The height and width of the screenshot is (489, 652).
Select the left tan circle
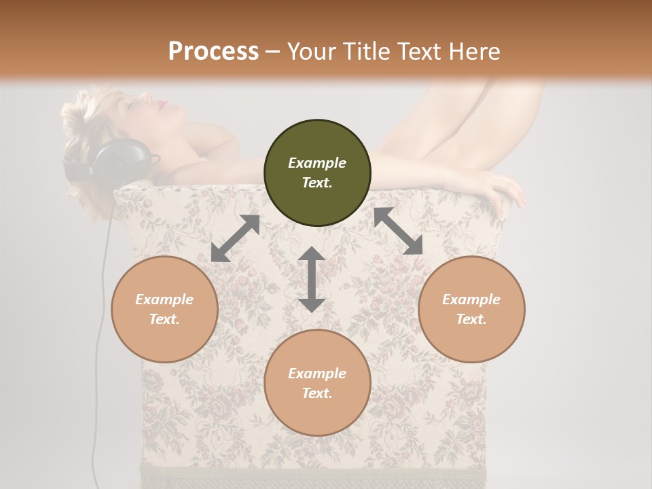click(x=164, y=309)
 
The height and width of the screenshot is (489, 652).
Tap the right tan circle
click(x=471, y=309)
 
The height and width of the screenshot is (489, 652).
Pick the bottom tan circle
click(x=317, y=383)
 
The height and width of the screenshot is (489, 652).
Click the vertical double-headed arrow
click(x=311, y=279)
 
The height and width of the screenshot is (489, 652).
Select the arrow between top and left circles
click(x=235, y=238)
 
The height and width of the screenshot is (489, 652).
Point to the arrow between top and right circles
click(x=398, y=231)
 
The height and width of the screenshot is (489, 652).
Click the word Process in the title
click(x=213, y=51)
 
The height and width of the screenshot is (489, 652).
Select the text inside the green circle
click(x=317, y=173)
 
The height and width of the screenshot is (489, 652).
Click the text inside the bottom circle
click(x=317, y=383)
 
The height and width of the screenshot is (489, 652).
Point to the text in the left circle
click(x=164, y=309)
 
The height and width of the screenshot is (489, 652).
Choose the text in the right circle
click(x=471, y=309)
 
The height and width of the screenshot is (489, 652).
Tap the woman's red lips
click(x=162, y=104)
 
